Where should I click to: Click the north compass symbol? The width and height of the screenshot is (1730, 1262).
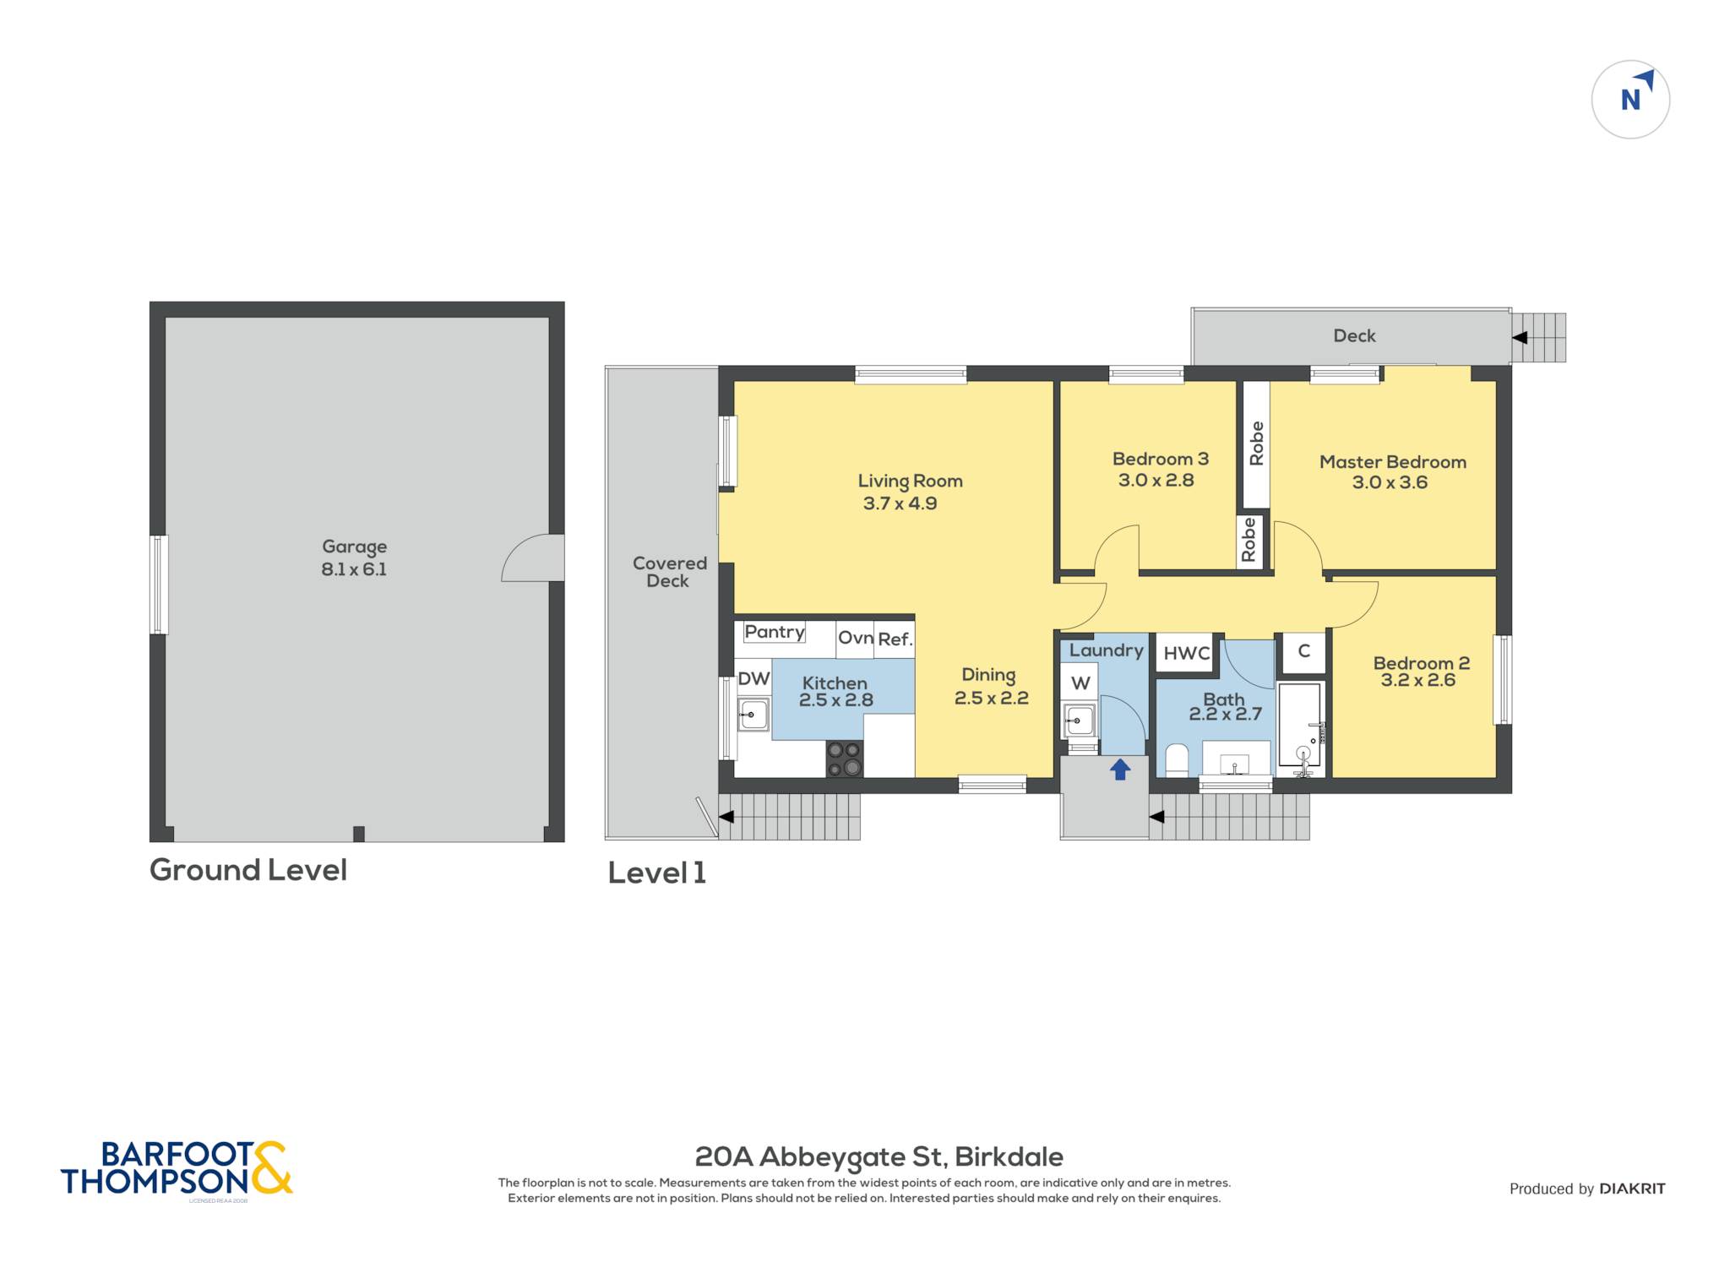[x=1630, y=100]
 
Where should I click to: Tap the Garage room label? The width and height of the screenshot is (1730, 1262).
[x=354, y=547]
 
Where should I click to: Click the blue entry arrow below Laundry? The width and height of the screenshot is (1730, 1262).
[x=1120, y=769]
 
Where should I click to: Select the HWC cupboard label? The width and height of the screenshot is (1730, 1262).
[x=1187, y=653]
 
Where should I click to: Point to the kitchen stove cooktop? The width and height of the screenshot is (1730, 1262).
[x=844, y=759]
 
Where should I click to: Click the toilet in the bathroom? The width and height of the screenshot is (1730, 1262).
[x=1177, y=759]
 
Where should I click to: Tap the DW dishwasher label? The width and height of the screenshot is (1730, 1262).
[x=753, y=678]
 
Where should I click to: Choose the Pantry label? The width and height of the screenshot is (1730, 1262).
[x=775, y=632]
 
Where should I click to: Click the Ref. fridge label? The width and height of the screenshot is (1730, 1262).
[x=895, y=639]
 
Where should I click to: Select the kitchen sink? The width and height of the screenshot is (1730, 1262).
[x=753, y=715]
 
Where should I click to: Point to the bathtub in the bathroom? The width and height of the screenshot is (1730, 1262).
[x=1299, y=725]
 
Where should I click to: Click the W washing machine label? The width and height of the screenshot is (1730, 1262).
[x=1080, y=683]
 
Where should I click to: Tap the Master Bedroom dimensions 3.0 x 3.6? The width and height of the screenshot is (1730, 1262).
[x=1390, y=482]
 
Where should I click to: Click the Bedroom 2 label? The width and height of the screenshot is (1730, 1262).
[x=1422, y=663]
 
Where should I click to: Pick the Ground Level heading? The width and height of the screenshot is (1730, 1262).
[x=248, y=870]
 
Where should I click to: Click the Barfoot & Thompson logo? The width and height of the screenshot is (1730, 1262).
[x=177, y=1169]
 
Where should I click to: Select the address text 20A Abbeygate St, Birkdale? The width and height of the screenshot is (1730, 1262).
[x=879, y=1157]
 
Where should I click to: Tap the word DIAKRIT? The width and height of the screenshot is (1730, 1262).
[x=1632, y=1189]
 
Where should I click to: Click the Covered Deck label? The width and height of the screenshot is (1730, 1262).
[x=669, y=572]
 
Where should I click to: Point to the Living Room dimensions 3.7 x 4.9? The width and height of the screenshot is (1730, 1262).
[x=900, y=503]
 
